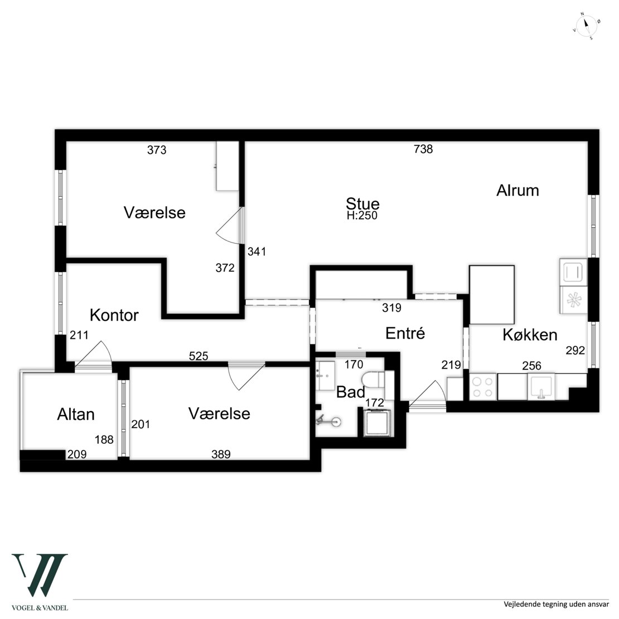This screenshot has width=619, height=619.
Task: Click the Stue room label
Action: tap(362, 204)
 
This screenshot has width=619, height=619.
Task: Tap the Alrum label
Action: tap(518, 190)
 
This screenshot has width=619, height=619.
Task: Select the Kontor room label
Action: tap(114, 315)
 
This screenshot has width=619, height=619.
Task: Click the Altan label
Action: tap(76, 414)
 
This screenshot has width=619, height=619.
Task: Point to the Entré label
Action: tap(405, 333)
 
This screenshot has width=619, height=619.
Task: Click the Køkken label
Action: tap(530, 335)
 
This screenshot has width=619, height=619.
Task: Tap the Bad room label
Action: tap(351, 393)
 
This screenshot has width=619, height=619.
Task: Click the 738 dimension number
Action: tap(423, 149)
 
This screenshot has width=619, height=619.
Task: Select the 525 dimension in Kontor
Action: tap(198, 356)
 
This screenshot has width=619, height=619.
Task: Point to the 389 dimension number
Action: tap(221, 454)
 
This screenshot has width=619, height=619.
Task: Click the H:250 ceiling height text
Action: tap(362, 216)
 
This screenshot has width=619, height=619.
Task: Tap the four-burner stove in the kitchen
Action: tap(483, 387)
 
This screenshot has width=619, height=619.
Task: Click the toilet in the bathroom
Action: tap(374, 379)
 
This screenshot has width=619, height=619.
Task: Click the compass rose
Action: tap(586, 27)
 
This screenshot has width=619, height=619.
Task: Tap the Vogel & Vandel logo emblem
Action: tap(40, 575)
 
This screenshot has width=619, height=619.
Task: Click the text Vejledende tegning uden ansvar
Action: tap(556, 605)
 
